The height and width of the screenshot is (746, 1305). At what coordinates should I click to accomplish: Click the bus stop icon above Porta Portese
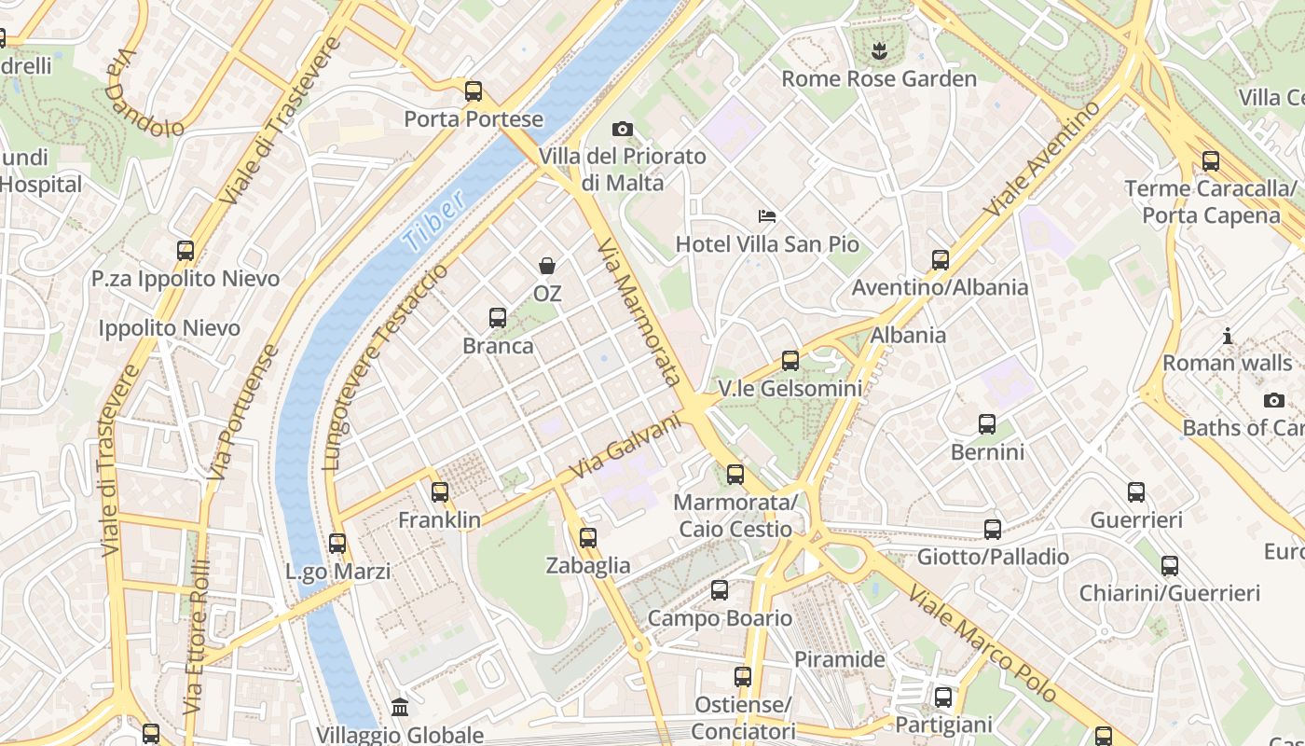[474, 91]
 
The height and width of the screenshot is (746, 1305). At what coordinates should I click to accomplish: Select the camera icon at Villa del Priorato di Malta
[623, 129]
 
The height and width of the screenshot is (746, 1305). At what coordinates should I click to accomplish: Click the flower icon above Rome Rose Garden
[878, 50]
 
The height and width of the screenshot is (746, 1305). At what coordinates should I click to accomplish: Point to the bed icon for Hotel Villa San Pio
[766, 216]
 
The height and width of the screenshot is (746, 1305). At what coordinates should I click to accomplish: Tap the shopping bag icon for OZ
[547, 266]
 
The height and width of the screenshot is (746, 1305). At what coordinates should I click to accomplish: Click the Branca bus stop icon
[498, 318]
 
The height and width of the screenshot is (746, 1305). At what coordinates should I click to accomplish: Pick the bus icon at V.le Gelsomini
[790, 360]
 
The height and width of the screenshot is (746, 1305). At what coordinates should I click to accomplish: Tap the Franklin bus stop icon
[440, 491]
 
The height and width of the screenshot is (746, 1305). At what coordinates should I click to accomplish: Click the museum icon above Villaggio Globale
[400, 707]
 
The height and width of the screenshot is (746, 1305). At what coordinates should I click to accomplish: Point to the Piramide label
[839, 659]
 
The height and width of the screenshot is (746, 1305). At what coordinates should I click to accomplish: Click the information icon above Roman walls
[1228, 336]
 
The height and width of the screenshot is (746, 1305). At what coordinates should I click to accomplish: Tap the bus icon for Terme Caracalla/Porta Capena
[1211, 160]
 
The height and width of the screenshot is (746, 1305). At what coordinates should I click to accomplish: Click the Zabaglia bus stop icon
[587, 538]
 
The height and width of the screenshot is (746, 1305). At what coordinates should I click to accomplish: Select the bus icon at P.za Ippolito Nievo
[185, 250]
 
